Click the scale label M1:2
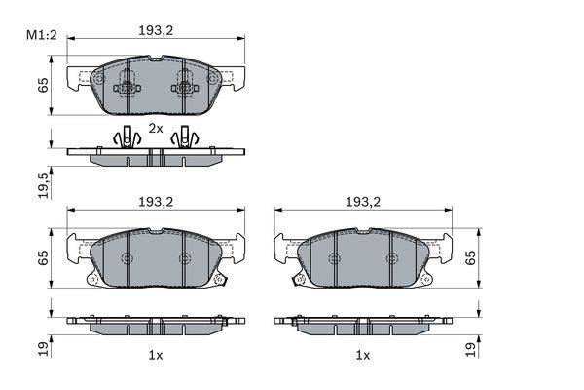coord(41,35)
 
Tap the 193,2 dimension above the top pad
coord(156,30)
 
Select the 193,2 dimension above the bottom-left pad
coord(156,202)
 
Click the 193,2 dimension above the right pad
coord(363,202)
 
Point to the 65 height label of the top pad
coord(44,85)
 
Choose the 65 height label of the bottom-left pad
coord(44,257)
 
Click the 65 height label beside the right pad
coord(471,257)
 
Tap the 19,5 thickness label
coord(44,184)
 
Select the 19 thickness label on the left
coord(44,349)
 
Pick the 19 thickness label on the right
coord(471,349)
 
